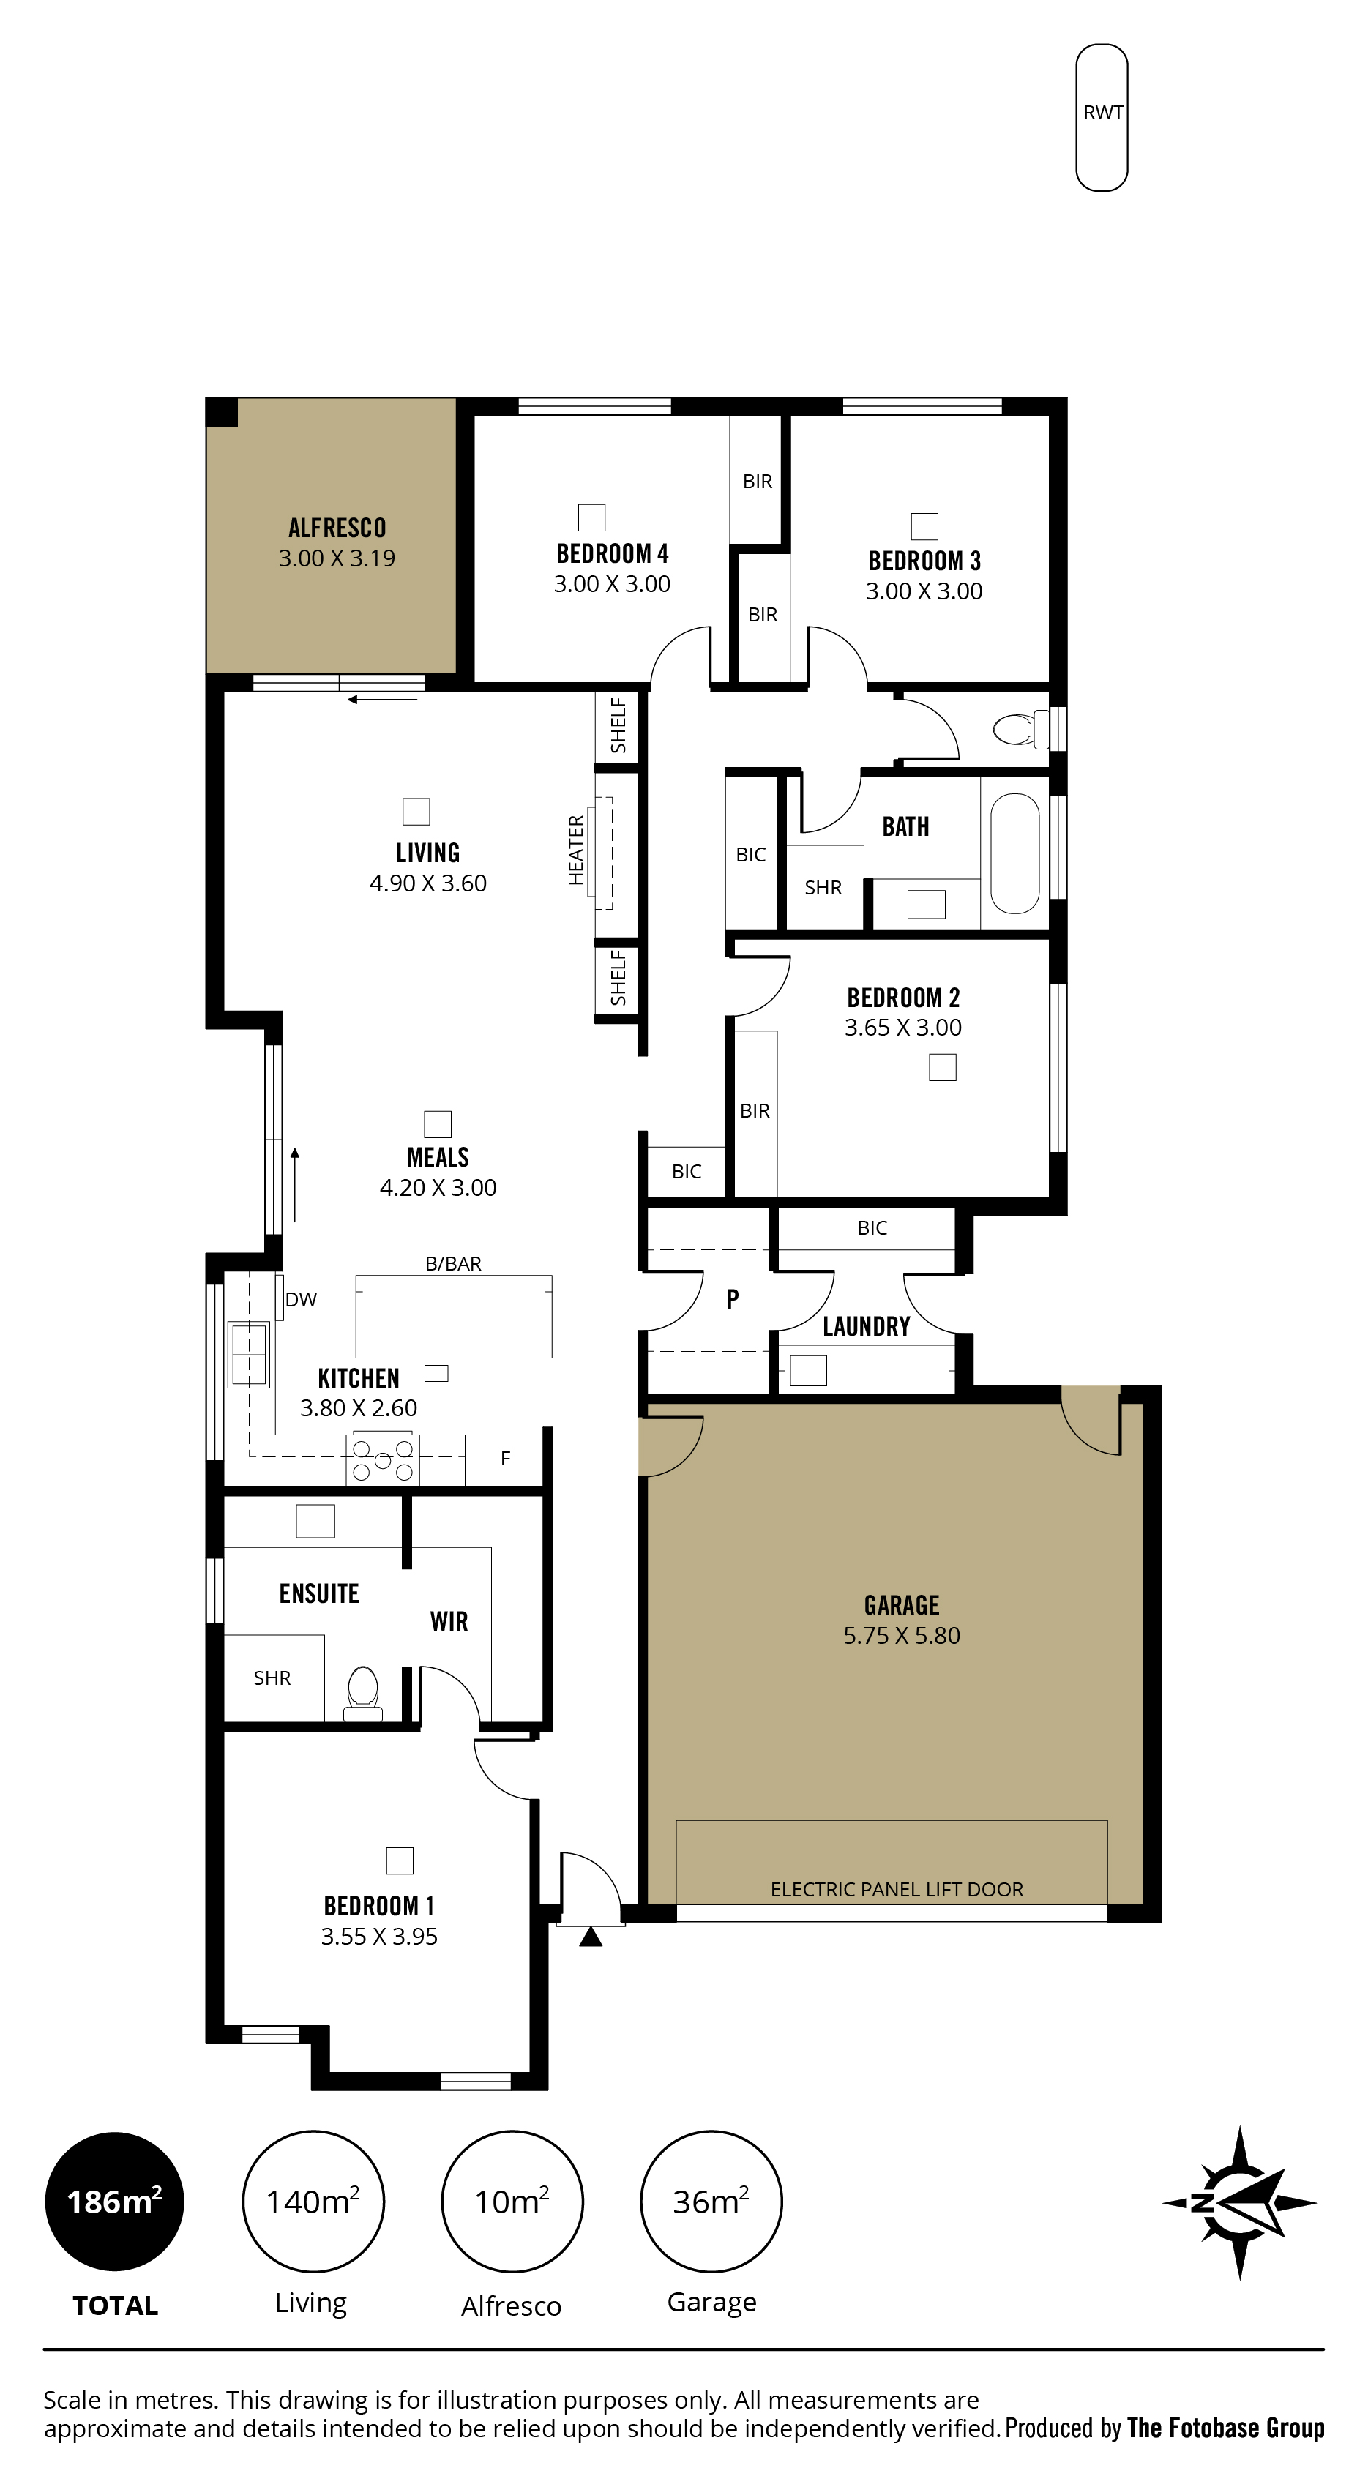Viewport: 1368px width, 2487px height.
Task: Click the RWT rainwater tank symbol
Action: point(1102,117)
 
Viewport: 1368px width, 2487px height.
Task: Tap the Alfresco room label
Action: point(337,528)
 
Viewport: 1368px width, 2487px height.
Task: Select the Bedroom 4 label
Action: point(612,553)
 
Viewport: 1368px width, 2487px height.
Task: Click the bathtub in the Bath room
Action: point(1014,853)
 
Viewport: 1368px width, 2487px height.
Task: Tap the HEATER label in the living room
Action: point(576,850)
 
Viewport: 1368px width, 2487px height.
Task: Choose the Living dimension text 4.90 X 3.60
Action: point(427,883)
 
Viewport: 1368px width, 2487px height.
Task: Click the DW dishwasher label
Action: point(302,1300)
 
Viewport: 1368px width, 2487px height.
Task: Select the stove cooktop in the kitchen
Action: point(382,1459)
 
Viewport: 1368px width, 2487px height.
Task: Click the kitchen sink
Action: point(248,1355)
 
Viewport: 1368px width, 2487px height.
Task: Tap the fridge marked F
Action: point(504,1459)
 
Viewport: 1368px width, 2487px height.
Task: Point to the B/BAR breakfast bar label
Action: point(453,1264)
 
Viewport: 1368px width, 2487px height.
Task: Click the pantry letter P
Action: point(733,1300)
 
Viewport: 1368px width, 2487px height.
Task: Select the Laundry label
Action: point(866,1326)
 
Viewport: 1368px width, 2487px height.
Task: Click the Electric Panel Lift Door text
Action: point(897,1889)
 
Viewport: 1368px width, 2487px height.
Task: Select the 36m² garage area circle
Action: point(711,2202)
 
